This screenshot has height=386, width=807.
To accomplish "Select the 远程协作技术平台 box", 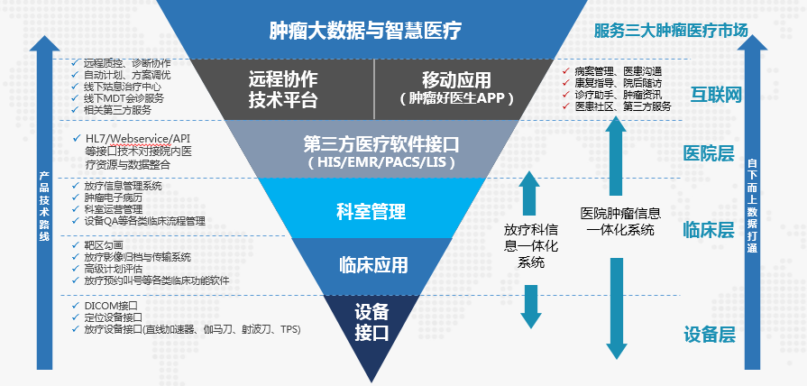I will (x=282, y=88).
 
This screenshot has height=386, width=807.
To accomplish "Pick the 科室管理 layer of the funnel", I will (x=371, y=212).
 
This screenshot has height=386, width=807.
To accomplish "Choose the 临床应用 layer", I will (x=372, y=265).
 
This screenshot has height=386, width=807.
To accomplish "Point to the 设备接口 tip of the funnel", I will (x=371, y=322).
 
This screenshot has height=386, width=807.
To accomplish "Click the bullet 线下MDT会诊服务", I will (x=124, y=98).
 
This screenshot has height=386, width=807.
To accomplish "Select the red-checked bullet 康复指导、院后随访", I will (x=617, y=82).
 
